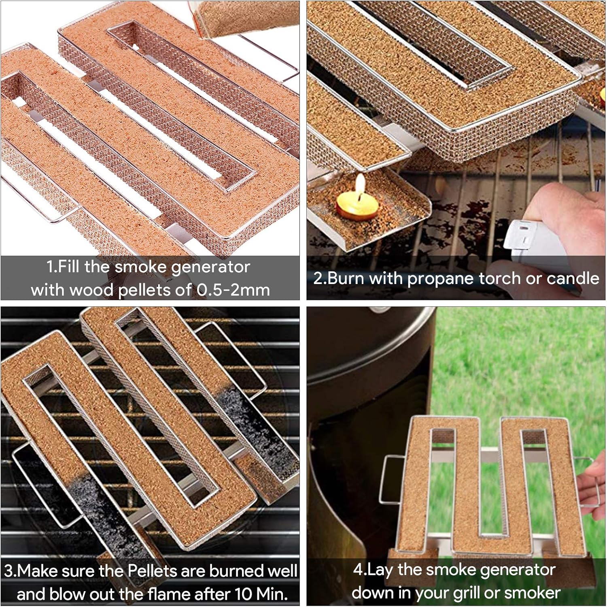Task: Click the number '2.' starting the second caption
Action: (320, 278)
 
